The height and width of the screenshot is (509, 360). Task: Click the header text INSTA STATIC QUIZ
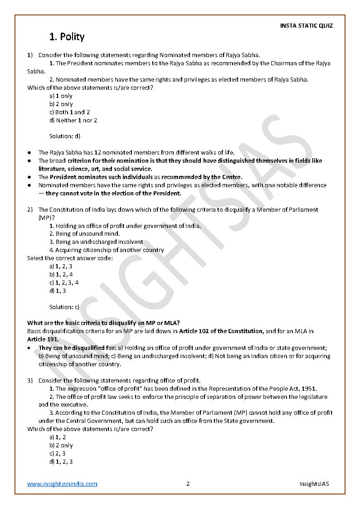point(306,25)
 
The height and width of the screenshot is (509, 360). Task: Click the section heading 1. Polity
point(67,37)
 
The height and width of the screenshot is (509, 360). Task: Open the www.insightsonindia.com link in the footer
point(62,484)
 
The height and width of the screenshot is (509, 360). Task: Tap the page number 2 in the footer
point(188,484)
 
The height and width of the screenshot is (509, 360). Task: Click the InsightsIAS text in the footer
point(314,484)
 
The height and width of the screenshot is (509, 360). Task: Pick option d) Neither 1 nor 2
point(73,120)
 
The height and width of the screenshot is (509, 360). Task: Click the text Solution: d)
point(65,136)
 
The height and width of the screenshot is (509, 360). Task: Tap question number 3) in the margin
point(29,380)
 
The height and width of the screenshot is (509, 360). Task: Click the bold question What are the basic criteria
point(103,323)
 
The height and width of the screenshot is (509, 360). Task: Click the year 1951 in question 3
point(309,388)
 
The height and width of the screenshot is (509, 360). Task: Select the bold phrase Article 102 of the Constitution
point(221,331)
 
